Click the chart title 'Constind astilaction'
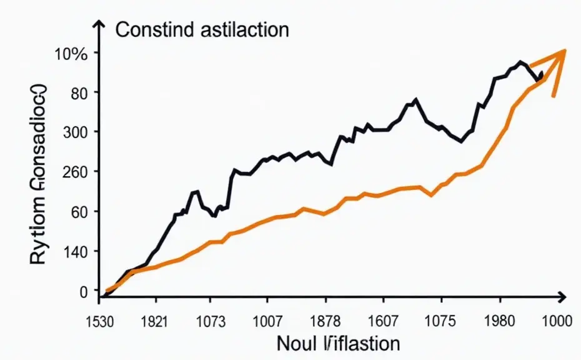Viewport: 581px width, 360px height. coord(202,29)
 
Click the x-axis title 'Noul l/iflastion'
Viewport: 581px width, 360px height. coord(338,343)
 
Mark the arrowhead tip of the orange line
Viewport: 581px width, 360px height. coord(565,51)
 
